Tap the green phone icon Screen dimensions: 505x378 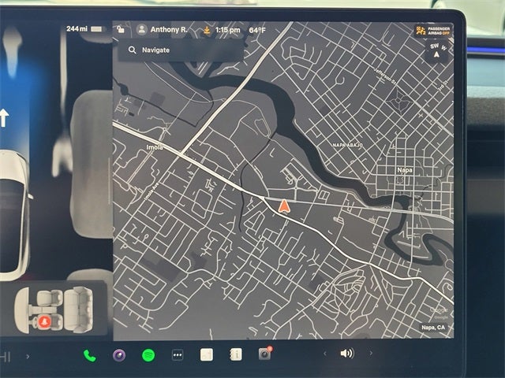tap(89, 355)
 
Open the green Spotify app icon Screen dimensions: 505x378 tap(148, 355)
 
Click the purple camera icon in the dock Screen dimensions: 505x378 tap(119, 355)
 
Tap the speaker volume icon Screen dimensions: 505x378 tap(346, 354)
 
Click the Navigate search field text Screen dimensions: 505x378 tap(155, 50)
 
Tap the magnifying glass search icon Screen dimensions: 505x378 tap(132, 50)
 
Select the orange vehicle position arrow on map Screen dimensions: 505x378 tap(283, 206)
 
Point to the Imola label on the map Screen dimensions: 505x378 tap(155, 147)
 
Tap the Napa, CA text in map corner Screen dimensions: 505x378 tap(433, 328)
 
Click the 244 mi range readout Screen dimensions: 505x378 tap(77, 29)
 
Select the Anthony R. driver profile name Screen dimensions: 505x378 tap(169, 30)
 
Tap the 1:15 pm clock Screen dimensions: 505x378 tap(227, 30)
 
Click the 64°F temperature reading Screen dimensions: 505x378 tap(257, 30)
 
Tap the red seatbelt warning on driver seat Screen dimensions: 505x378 tap(44, 321)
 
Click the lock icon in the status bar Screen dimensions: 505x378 tap(120, 30)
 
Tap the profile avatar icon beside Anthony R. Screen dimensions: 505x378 tap(142, 30)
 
